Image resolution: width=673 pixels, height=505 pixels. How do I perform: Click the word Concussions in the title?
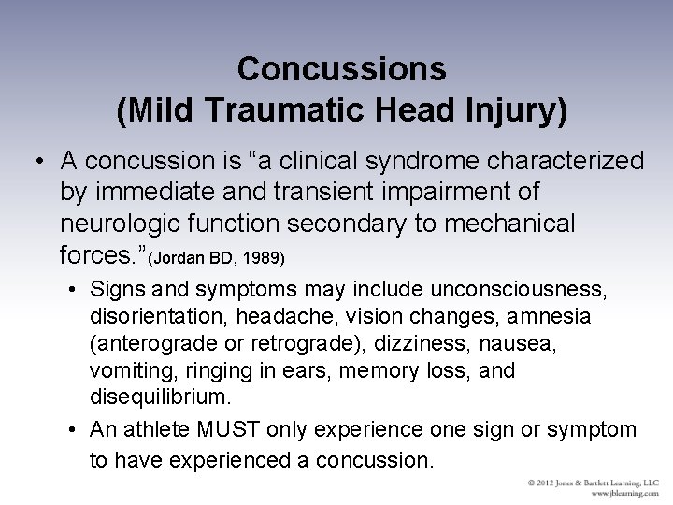341,68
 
